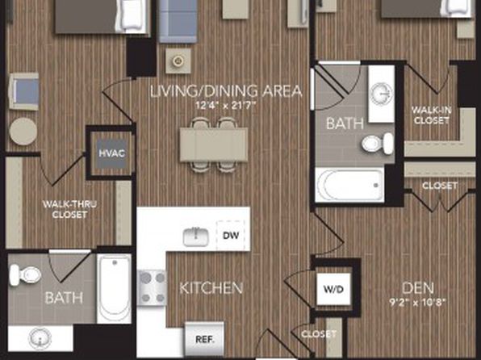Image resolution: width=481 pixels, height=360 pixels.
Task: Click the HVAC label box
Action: point(111,153)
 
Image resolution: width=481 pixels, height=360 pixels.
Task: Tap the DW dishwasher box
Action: point(231,236)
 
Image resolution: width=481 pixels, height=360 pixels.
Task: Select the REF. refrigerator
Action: point(205,339)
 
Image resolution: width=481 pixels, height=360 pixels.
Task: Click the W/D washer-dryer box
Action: point(333,289)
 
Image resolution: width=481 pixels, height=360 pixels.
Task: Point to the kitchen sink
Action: point(196,237)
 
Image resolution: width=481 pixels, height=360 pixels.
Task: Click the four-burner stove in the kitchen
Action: point(152,288)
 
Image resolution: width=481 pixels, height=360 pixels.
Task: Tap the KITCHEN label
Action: point(211,288)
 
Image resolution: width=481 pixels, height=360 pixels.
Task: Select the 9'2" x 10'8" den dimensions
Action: point(417,303)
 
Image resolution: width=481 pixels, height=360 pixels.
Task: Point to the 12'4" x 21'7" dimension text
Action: point(226,106)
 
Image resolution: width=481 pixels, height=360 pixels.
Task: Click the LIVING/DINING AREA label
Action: point(226,91)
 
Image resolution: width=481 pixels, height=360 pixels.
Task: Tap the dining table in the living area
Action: point(214,144)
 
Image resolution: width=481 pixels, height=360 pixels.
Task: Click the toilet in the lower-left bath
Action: point(25,274)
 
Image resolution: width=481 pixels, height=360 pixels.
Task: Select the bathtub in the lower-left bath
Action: point(114,288)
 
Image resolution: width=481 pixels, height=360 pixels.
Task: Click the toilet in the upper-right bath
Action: point(378,144)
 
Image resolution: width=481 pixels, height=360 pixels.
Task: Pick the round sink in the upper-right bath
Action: point(381,94)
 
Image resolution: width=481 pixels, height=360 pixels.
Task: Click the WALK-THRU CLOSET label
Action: point(69,209)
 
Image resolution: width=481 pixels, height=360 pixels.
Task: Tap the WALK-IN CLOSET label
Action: point(431,115)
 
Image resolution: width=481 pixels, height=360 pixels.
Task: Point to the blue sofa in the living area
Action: point(178,21)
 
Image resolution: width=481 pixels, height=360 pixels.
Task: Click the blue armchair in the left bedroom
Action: point(24,91)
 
